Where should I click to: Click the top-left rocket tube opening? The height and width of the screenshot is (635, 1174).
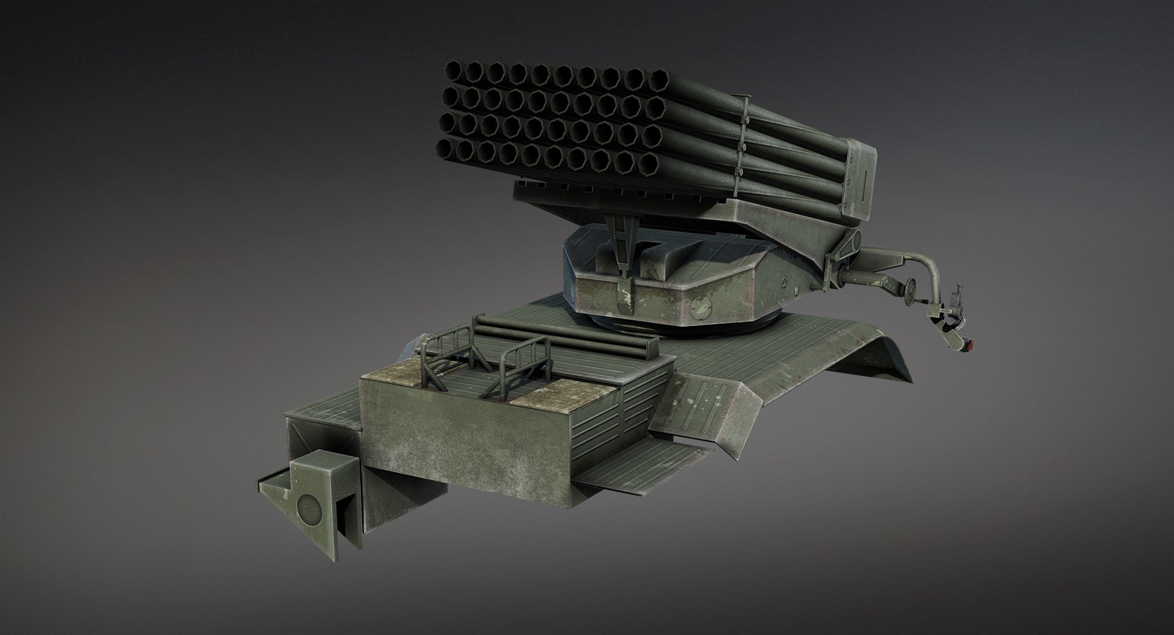pos(453,72)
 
